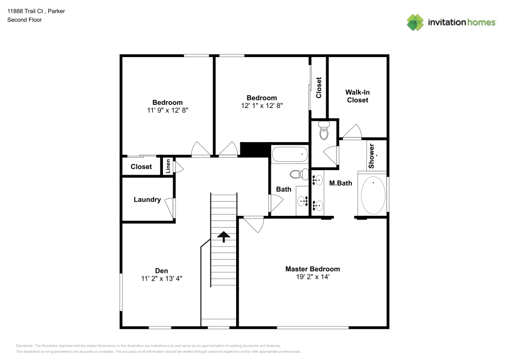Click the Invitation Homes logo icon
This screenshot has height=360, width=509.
[415, 22]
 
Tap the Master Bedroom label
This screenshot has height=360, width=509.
[312, 269]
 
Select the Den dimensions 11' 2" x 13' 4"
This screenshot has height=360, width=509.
[161, 279]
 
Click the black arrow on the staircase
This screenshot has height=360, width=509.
[223, 236]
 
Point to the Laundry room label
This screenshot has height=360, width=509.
[147, 200]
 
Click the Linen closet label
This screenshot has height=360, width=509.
[167, 167]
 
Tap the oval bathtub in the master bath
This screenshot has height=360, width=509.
[373, 196]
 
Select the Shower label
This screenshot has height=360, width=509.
[372, 156]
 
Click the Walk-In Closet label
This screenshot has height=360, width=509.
[357, 96]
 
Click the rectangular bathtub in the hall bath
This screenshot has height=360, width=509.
[289, 154]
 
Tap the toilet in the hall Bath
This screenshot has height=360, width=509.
[297, 175]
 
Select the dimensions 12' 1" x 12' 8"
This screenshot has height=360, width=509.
[262, 106]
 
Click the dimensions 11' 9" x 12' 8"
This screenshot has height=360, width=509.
[167, 110]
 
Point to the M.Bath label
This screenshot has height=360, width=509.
[341, 183]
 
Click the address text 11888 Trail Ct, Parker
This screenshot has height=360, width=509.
[36, 11]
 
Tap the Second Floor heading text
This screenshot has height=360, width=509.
[24, 20]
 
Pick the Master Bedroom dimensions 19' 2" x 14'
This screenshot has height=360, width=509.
[312, 277]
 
